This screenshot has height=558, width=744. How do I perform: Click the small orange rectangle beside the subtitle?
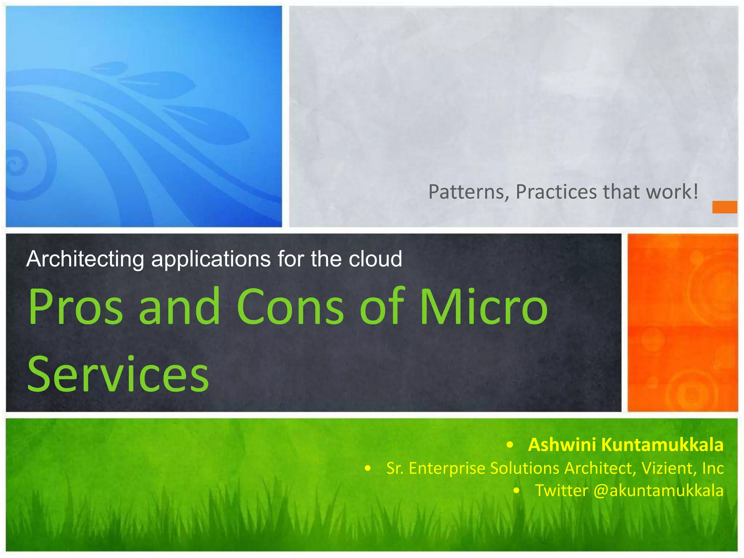[x=724, y=207]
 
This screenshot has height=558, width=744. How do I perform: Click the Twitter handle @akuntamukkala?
[x=658, y=490]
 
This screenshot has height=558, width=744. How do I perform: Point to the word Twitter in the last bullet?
[x=561, y=490]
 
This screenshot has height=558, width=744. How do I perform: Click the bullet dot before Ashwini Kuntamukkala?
[x=510, y=445]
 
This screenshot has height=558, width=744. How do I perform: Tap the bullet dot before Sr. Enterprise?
[x=368, y=469]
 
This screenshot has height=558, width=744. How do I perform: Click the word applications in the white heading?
[x=211, y=259]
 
